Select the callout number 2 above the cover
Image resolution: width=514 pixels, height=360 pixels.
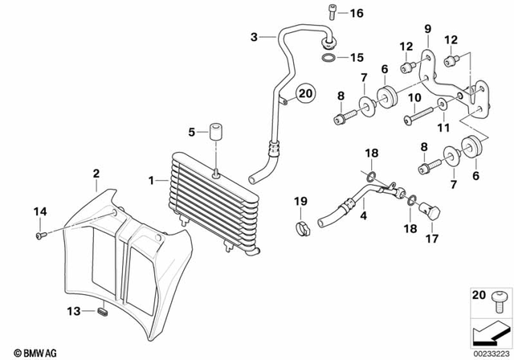click(96, 173)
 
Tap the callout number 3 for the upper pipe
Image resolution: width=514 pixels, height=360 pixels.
click(255, 37)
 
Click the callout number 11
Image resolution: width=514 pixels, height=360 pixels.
click(442, 128)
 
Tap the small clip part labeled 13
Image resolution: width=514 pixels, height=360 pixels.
click(102, 310)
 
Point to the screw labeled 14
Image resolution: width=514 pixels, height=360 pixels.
click(40, 235)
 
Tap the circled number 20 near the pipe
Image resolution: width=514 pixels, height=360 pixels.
click(304, 94)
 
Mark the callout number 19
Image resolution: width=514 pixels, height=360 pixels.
click(300, 200)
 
